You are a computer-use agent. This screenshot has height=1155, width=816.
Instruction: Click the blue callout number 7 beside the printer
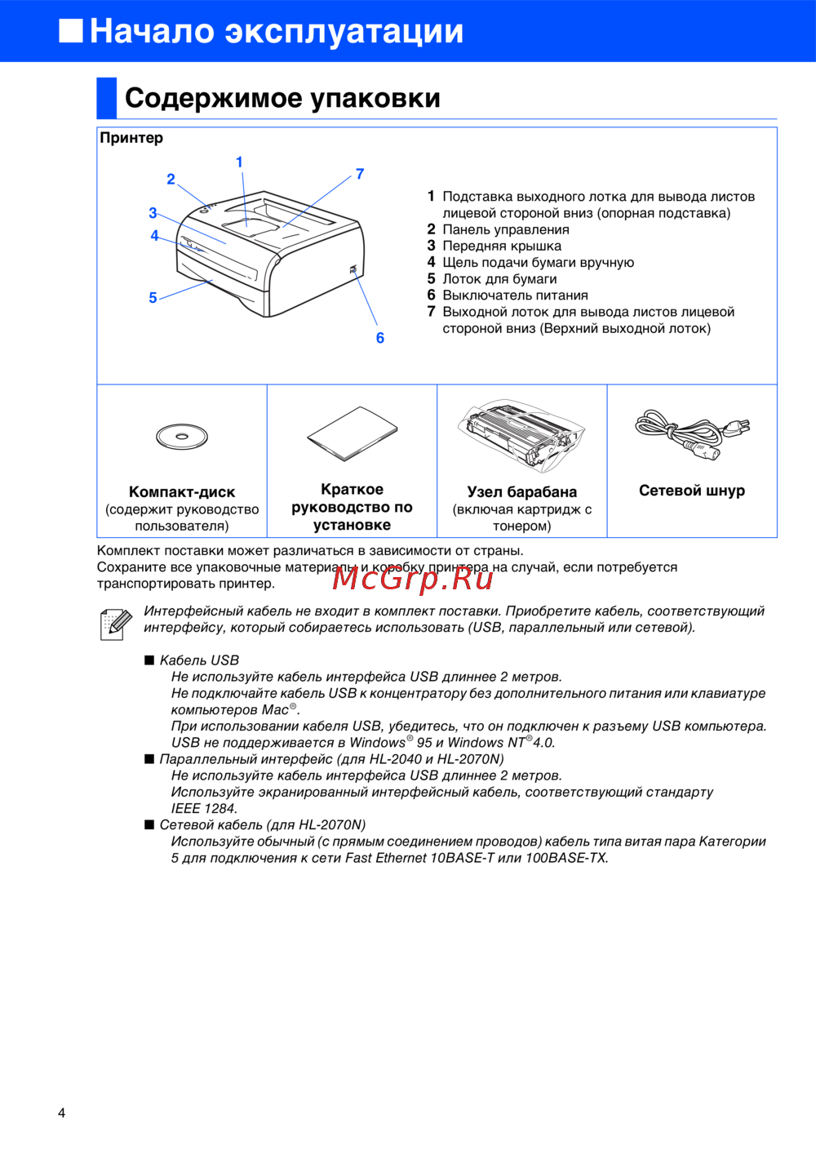point(360,174)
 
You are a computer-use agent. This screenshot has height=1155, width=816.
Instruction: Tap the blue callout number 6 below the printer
point(380,338)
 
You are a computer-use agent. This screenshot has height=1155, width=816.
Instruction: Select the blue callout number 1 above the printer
point(239,162)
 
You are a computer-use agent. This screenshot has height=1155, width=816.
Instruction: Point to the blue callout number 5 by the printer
point(153,298)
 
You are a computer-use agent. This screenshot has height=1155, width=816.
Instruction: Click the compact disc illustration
point(182,437)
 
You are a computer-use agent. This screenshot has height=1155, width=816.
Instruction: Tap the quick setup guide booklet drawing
point(353,433)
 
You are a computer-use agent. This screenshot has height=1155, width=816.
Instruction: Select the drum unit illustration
point(521,436)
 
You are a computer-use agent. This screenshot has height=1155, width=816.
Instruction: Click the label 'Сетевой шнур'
point(692,491)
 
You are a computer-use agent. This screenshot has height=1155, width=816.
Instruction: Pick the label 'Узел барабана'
point(521,492)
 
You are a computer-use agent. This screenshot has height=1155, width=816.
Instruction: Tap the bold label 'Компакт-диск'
point(182,492)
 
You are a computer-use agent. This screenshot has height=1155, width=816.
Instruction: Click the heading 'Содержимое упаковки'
point(282,98)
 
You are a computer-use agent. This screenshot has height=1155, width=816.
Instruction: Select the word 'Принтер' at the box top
point(131,138)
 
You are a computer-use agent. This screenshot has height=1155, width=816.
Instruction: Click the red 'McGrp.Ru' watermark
point(413,578)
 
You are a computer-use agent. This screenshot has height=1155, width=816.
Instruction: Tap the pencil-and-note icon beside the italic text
point(115,624)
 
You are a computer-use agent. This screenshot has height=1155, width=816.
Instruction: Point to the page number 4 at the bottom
point(61,1113)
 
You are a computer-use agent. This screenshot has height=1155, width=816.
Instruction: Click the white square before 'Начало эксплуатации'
point(71,30)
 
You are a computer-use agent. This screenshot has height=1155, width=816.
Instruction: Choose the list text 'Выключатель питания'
point(515,295)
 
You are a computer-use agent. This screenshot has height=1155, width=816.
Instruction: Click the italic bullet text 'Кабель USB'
point(199,660)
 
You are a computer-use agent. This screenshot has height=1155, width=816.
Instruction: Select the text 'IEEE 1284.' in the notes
point(204,808)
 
